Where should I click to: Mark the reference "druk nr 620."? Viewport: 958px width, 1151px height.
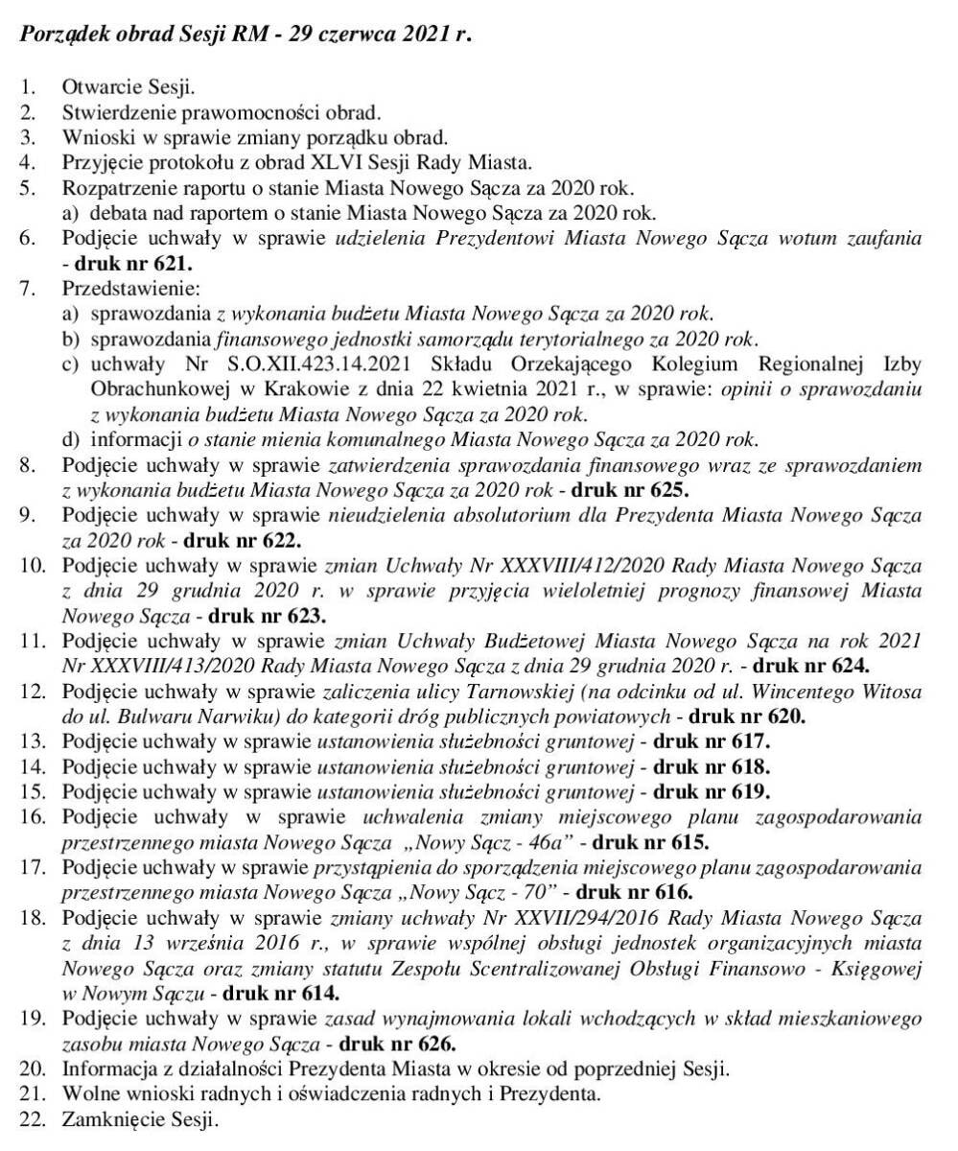748,716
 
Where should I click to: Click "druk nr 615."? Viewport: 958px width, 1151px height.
650,843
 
